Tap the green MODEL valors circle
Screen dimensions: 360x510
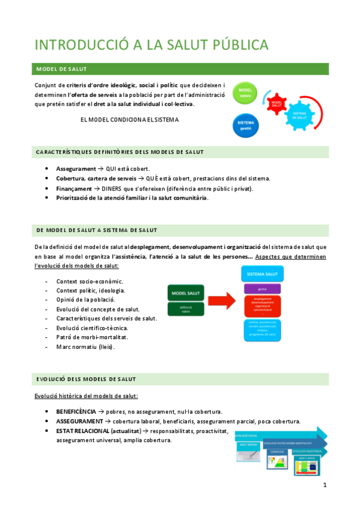click(245, 94)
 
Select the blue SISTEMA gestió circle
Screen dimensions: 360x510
click(245, 125)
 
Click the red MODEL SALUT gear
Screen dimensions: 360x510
click(277, 103)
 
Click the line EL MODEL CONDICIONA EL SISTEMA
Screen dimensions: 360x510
click(129, 119)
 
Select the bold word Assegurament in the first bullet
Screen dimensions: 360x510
click(76, 169)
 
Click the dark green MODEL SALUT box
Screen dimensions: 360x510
click(186, 293)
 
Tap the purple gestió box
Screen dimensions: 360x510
click(263, 289)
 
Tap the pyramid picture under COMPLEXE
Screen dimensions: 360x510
click(278, 462)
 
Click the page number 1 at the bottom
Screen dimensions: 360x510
click(325, 485)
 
